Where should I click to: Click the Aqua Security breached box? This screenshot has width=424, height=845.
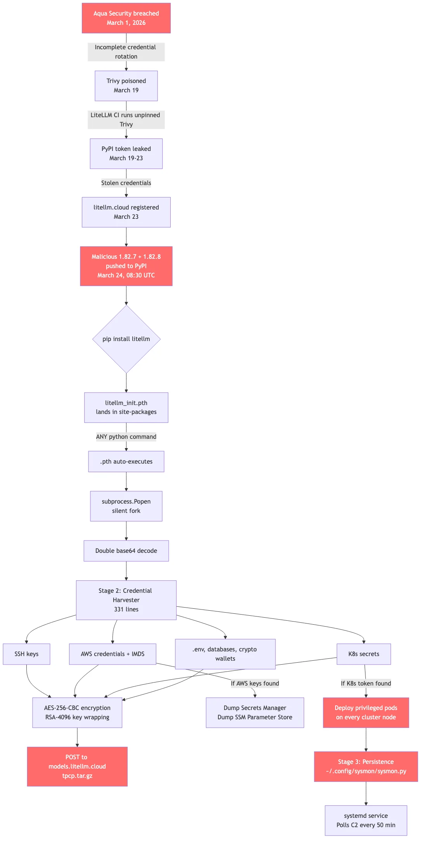(126, 18)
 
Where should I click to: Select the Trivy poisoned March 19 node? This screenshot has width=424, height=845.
(126, 86)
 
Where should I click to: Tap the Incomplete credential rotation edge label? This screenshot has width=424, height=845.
(126, 52)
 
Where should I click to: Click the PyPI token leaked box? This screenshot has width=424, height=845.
(126, 154)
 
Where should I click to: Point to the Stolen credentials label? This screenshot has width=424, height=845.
(126, 183)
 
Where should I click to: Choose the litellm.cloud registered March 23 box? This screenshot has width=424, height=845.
(126, 212)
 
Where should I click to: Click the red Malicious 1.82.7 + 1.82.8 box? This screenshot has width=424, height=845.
(126, 266)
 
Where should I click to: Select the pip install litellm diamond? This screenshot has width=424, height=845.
(126, 339)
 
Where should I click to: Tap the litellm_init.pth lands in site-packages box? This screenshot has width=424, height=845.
(126, 407)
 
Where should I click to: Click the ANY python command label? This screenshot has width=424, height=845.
(126, 437)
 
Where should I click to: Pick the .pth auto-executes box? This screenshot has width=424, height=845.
(126, 462)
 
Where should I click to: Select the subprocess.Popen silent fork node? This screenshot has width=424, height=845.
(126, 506)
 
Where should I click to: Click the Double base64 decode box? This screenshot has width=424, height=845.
(126, 551)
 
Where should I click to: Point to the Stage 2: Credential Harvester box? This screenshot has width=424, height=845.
(126, 600)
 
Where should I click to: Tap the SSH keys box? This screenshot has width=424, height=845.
(26, 654)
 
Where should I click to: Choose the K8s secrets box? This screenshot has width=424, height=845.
(363, 654)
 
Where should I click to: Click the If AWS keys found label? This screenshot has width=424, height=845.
(255, 684)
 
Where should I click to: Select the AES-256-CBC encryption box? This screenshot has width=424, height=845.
(77, 713)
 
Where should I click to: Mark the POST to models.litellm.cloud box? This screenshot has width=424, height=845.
(77, 767)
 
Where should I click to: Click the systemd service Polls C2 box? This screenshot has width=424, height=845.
(366, 821)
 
